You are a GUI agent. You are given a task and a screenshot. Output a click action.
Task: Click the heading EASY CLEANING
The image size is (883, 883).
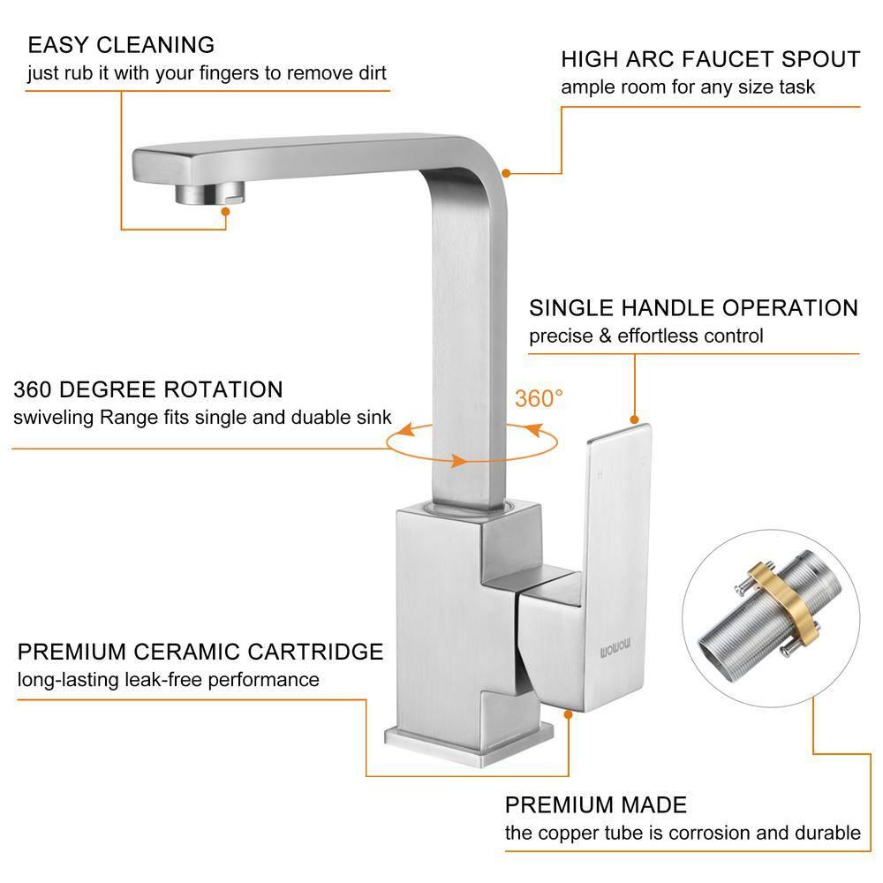[121, 44]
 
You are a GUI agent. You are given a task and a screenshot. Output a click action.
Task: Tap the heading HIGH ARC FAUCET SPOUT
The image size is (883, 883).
[710, 59]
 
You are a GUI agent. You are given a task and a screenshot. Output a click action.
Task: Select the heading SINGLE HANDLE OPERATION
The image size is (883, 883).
[693, 308]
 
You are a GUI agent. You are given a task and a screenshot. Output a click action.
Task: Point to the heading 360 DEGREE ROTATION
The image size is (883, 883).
[147, 389]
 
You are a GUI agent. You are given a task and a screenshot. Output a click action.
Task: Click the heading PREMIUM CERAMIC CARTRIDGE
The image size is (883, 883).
[200, 652]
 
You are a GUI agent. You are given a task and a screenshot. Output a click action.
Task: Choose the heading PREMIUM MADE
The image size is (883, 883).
[595, 805]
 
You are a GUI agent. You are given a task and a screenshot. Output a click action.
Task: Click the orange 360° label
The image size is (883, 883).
[539, 398]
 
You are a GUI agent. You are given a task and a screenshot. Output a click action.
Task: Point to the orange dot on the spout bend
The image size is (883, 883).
[505, 173]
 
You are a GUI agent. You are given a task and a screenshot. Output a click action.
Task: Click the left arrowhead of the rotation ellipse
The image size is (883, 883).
[404, 430]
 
